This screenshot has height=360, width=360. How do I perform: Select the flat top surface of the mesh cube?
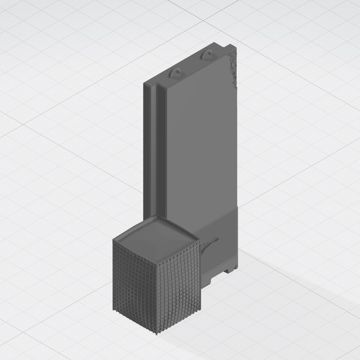point(156,240)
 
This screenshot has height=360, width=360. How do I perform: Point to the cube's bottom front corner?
point(157,332)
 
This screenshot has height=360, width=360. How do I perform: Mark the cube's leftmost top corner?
point(114,240)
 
